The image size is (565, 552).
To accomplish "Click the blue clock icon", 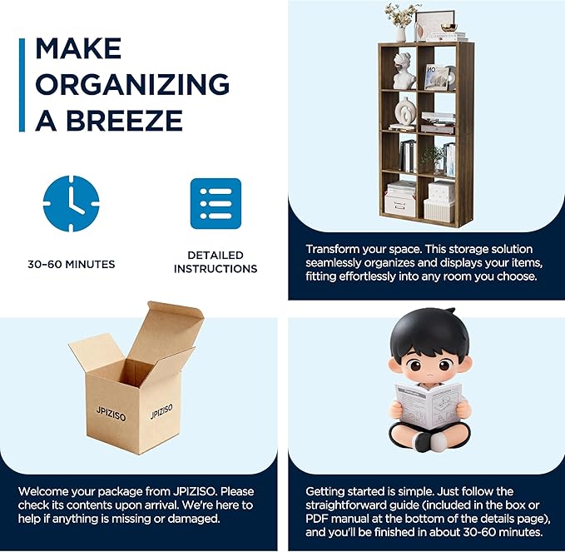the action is [71, 204].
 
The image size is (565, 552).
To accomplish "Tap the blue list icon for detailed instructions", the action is [216, 204].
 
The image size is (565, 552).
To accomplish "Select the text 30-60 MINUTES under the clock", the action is [72, 264].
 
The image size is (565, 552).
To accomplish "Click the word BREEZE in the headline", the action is [124, 120].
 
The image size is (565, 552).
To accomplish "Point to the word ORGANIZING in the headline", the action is [132, 84].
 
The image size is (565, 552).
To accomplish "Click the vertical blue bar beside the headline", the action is [22, 85].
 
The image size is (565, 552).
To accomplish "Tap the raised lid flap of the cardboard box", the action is [166, 328].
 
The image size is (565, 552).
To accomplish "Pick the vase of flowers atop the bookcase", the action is [400, 22].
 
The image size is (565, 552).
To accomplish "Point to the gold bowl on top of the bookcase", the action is [449, 27].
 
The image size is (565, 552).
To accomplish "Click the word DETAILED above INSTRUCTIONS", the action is [216, 256].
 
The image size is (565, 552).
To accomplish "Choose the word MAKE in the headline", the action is [78, 48].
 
